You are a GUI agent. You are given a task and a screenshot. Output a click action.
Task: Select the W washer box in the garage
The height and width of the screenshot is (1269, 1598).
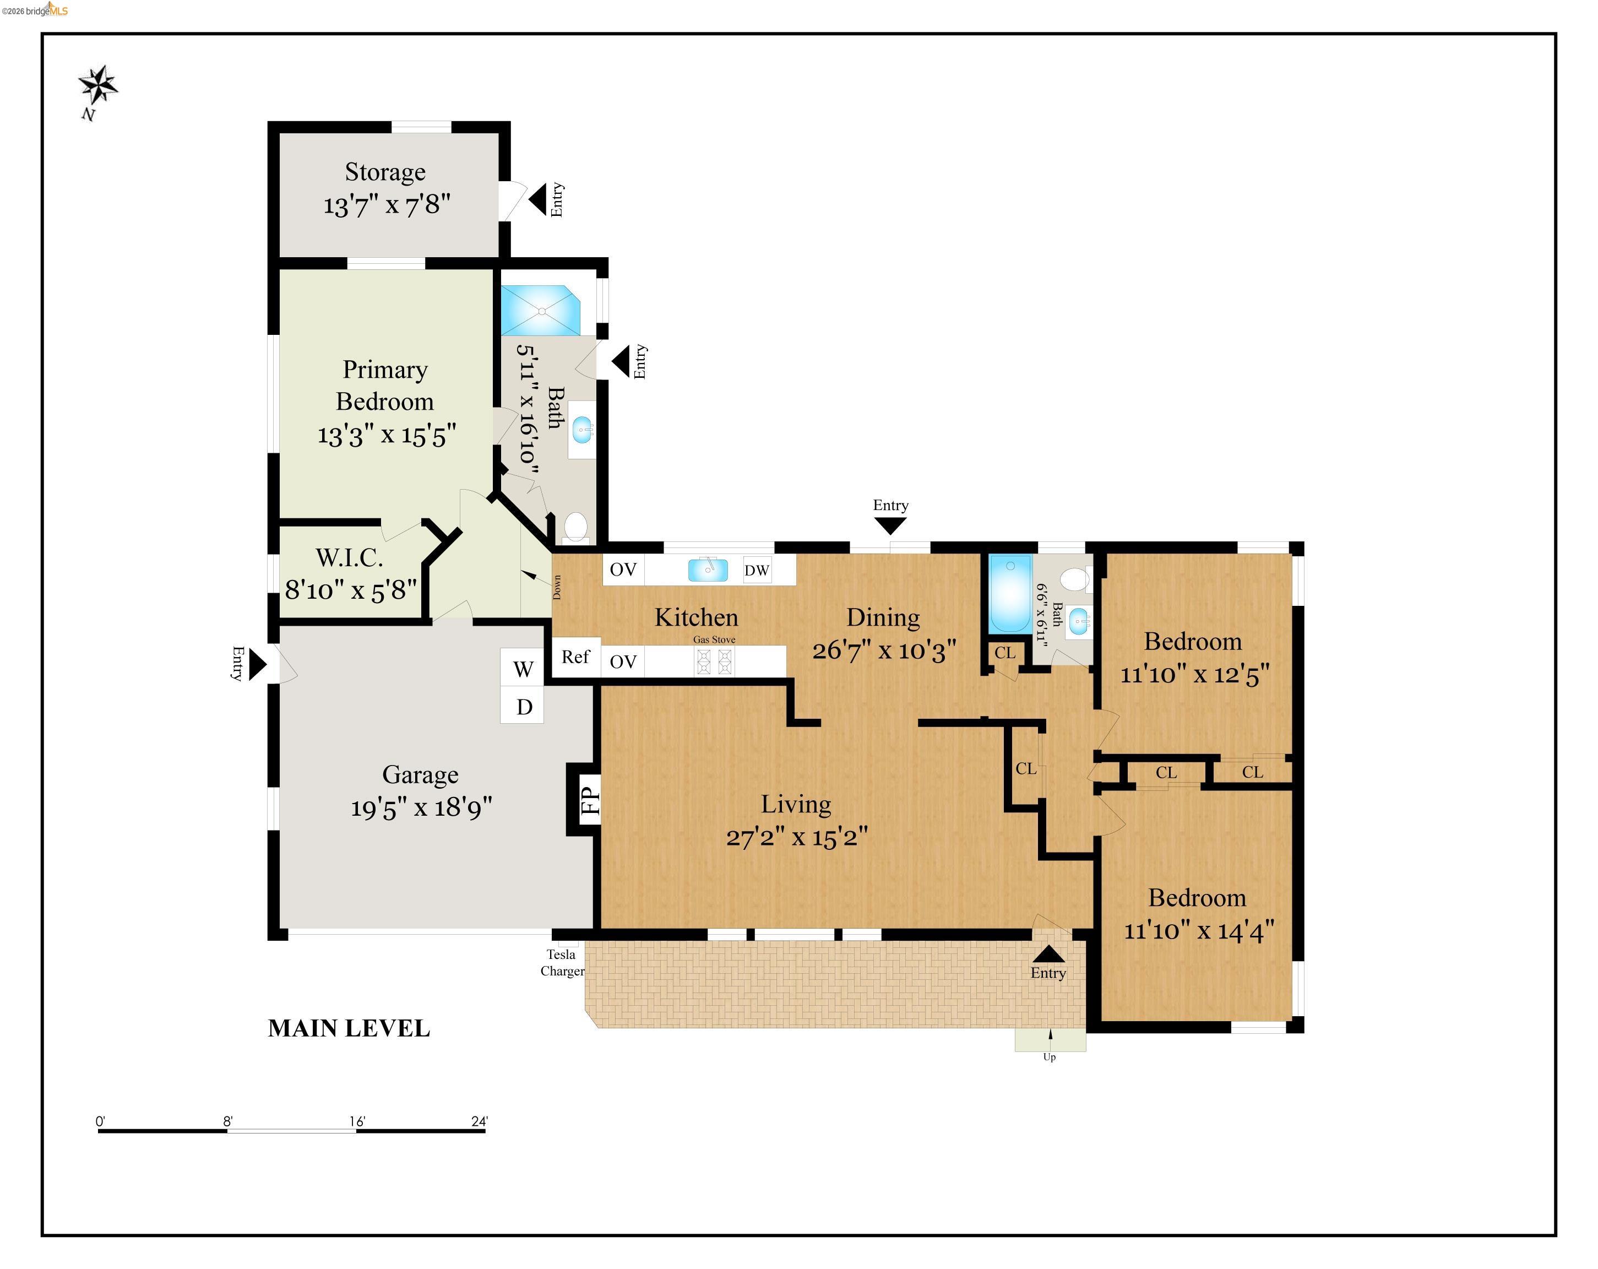click(x=523, y=669)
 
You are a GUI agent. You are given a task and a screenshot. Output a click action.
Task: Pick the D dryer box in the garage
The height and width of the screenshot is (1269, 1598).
click(x=523, y=707)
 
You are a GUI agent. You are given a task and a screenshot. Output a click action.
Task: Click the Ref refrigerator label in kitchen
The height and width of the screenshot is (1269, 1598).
click(x=575, y=657)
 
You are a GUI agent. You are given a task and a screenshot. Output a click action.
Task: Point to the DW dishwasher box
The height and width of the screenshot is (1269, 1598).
click(x=757, y=570)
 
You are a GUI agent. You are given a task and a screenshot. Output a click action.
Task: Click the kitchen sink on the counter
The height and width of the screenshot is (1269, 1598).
click(x=707, y=570)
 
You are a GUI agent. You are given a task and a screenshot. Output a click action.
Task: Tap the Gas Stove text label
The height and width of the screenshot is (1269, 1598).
click(x=714, y=639)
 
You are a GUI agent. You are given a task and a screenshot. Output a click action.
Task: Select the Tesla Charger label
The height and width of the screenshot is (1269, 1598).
click(x=562, y=962)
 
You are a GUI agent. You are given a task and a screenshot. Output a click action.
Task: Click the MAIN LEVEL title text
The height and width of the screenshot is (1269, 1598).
click(x=349, y=1028)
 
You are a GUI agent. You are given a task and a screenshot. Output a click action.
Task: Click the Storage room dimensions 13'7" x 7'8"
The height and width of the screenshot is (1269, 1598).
click(x=386, y=204)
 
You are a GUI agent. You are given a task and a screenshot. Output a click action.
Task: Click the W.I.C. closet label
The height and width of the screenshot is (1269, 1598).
click(x=349, y=557)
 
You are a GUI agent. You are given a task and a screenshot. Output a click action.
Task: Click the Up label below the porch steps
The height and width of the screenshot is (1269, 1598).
click(x=1049, y=1057)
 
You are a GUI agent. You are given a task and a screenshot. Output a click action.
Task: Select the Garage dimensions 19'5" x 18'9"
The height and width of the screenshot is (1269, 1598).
click(x=421, y=807)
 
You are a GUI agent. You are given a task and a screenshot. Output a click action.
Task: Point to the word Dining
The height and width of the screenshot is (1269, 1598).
click(x=883, y=617)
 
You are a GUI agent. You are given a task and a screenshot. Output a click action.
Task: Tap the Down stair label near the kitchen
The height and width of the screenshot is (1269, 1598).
click(x=557, y=587)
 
